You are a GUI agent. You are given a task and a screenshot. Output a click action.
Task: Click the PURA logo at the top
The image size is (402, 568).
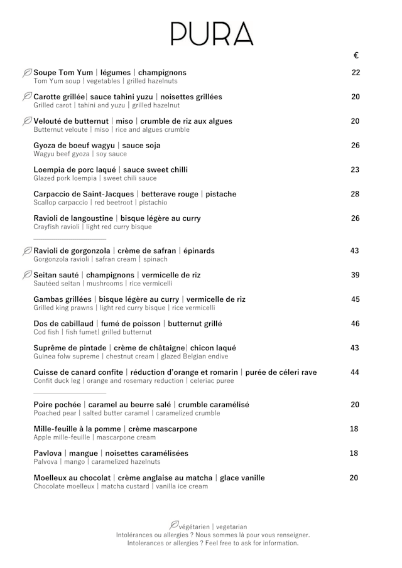(x=212, y=33)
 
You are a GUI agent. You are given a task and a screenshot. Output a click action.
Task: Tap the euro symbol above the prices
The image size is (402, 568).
(x=356, y=55)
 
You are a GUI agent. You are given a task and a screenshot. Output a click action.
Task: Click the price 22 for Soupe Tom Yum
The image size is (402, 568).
(x=356, y=73)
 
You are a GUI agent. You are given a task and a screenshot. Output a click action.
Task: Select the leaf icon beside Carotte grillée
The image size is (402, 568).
(x=27, y=97)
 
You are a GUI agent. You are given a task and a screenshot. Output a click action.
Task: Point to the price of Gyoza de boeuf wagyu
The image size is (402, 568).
(x=356, y=146)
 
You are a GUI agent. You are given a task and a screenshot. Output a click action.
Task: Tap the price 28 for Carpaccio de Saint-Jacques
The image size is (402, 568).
(x=356, y=194)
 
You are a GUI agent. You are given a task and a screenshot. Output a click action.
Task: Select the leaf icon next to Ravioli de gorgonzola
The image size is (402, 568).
(x=27, y=251)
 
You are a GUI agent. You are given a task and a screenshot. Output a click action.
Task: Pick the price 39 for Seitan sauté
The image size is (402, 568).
(x=356, y=275)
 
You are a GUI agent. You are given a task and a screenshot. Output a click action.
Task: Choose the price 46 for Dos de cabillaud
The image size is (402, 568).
(x=356, y=324)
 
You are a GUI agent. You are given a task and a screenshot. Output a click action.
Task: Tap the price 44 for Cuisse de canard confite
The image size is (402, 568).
(x=356, y=372)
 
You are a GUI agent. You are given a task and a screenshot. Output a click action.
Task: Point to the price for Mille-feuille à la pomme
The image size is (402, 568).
(x=354, y=429)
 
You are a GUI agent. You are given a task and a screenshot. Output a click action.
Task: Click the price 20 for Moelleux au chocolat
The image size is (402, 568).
(x=354, y=478)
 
